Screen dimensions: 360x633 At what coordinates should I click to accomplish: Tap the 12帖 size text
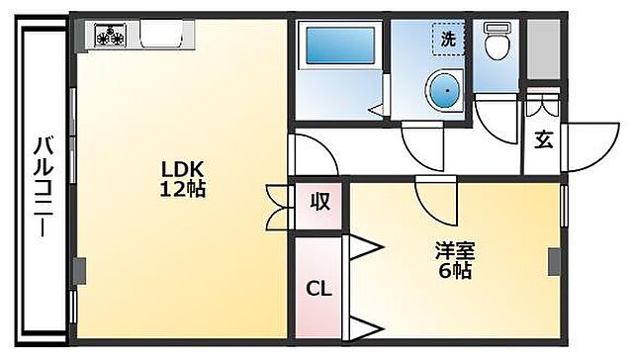(183, 188)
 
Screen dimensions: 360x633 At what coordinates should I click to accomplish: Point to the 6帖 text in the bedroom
(456, 269)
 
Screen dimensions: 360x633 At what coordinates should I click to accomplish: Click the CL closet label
(316, 290)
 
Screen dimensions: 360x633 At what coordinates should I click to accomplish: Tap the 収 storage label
(320, 203)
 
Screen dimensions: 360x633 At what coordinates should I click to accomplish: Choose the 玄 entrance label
(543, 139)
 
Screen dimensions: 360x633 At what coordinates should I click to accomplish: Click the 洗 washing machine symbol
(449, 40)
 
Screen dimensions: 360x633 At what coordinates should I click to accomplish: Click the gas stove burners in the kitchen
(112, 38)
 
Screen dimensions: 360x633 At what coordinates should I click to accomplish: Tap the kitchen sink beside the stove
(165, 35)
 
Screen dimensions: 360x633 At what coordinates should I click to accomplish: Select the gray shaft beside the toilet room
(542, 47)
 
